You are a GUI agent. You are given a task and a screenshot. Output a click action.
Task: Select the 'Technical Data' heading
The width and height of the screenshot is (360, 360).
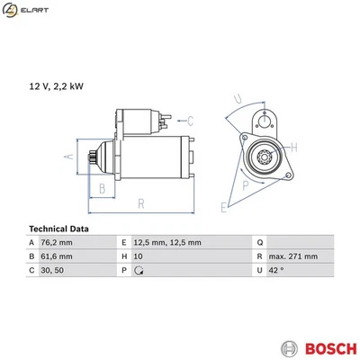coord(58,229)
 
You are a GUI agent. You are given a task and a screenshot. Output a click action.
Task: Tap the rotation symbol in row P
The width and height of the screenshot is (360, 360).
coord(138,270)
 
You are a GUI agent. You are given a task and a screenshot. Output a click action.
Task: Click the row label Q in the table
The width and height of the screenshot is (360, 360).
coord(260,243)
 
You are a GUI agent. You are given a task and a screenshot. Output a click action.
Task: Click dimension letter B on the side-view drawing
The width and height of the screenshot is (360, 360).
coord(103,188)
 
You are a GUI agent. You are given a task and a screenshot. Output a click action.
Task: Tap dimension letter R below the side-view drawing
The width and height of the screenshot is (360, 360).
coord(140,204)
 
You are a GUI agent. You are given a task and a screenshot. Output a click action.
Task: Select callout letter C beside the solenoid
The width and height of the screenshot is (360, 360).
coord(191,119)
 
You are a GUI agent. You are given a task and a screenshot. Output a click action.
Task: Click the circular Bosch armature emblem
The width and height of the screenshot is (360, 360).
coord(288,347)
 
